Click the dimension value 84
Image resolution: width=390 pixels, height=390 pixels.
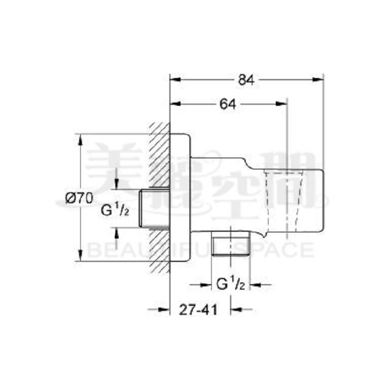(x=246, y=80)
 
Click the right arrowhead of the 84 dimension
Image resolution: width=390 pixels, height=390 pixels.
(x=320, y=80)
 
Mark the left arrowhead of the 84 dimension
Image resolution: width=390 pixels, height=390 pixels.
(x=173, y=80)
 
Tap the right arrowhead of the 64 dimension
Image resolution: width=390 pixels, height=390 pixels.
(x=284, y=104)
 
